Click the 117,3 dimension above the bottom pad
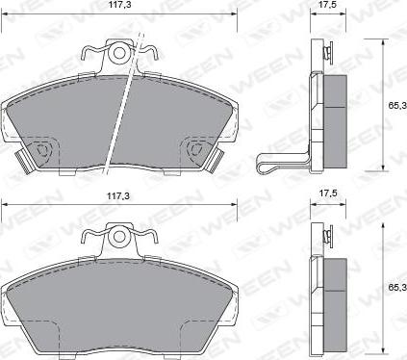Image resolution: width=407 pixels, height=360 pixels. coord(118,196)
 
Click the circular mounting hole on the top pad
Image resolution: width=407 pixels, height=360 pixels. coord(119,53)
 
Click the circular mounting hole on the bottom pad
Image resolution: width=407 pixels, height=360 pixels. coord(119,237)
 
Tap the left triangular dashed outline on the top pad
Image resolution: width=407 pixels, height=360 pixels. coord(42,149)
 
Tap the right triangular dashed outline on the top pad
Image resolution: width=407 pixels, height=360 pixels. coord(196,149)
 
